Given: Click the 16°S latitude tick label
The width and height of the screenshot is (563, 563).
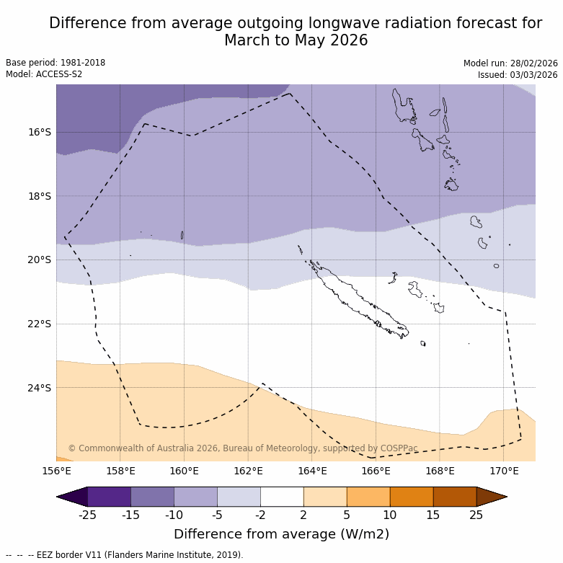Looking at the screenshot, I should pos(40,132).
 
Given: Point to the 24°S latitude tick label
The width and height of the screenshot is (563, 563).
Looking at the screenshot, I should pos(40,388).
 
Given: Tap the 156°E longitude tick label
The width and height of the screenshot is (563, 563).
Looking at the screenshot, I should pos(56,471).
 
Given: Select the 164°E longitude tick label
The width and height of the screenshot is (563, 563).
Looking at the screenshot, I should pos(312,471).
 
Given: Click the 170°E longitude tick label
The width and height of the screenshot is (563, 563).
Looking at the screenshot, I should pos(504,471).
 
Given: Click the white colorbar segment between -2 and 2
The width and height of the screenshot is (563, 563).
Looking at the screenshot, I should pos(282,497).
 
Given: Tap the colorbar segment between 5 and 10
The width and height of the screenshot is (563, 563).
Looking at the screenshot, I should pos(368,497).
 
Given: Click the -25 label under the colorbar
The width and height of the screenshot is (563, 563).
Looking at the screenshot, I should pos(87,515).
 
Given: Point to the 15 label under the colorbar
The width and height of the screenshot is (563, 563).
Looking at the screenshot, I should pos(433,515).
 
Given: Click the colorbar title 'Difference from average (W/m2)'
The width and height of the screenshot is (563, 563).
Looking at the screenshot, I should pos(281,534).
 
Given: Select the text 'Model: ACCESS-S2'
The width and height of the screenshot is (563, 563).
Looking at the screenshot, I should pos(44,74).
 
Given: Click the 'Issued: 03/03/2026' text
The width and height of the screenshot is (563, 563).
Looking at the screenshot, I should pos(517,74).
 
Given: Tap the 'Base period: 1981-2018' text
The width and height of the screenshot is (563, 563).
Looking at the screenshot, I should pos(56,63).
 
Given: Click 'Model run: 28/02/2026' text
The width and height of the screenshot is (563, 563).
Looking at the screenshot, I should pos(510,63).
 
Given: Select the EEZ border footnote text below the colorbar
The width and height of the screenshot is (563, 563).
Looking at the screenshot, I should pos(124,555).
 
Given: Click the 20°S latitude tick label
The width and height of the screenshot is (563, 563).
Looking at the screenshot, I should pos(40,260).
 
